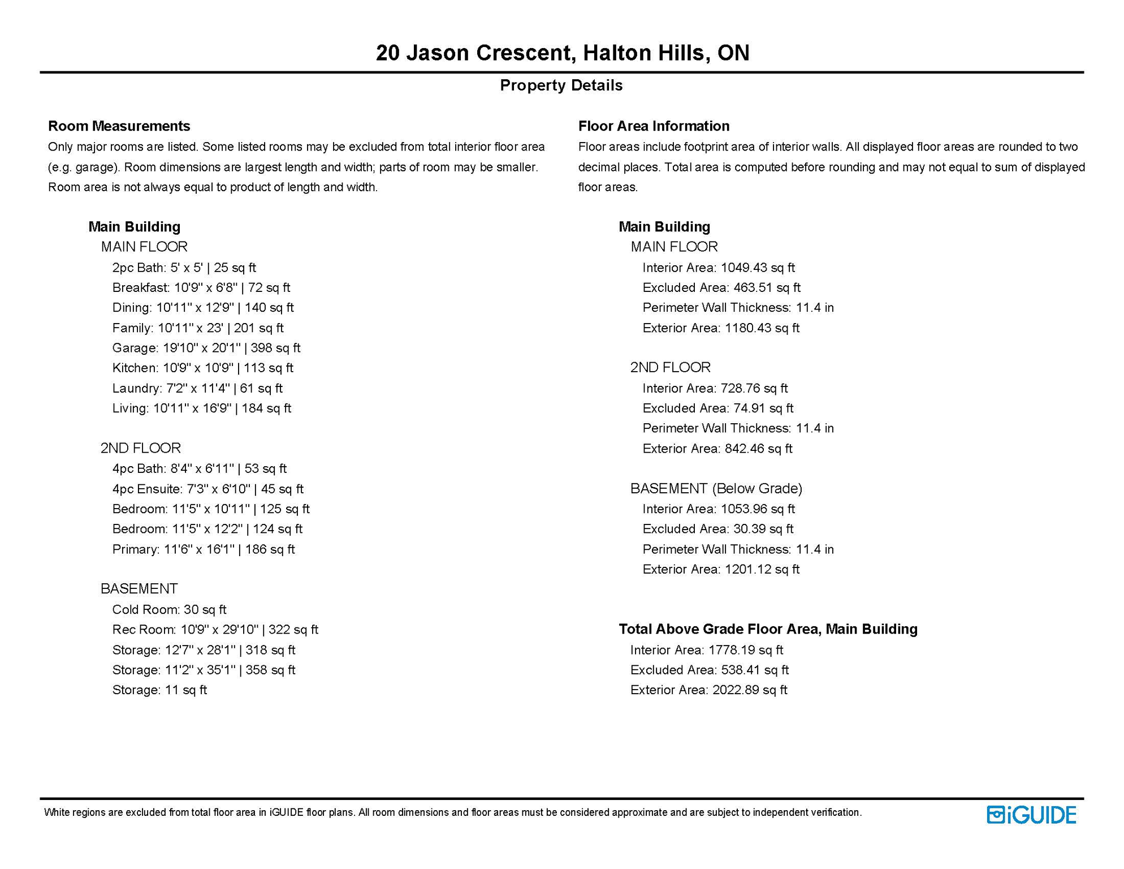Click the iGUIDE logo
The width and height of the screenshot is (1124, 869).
(1031, 815)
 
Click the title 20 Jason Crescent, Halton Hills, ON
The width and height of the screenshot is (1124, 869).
(562, 53)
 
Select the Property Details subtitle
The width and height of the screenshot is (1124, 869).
(561, 85)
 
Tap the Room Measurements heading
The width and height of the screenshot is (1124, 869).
(119, 126)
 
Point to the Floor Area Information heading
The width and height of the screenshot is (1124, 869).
(654, 126)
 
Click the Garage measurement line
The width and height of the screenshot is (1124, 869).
(206, 348)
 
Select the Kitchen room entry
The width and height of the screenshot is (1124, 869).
(202, 368)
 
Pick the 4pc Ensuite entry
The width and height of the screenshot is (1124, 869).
(207, 489)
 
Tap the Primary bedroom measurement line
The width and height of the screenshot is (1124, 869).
(203, 549)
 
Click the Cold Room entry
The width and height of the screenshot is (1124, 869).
(169, 609)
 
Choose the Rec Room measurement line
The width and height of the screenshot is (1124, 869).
(215, 630)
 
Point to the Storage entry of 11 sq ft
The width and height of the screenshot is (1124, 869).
(159, 690)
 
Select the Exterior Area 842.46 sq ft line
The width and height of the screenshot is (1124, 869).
(717, 449)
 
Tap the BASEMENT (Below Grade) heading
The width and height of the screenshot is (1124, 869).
(716, 488)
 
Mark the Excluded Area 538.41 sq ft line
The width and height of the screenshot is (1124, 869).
(709, 670)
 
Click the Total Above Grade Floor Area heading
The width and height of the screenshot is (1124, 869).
(768, 629)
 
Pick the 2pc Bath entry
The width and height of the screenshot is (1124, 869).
(184, 268)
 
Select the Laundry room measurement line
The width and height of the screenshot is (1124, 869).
(197, 388)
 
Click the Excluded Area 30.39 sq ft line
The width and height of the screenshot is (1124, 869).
(717, 529)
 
